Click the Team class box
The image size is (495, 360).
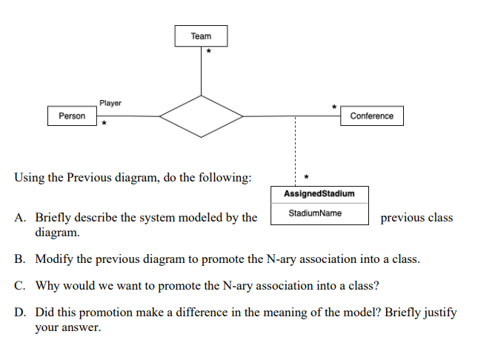[x=201, y=36]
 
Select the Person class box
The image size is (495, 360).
[x=72, y=116]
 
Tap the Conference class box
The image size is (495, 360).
[x=371, y=116]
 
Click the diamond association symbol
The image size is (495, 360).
[x=201, y=116]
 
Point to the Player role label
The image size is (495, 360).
[x=110, y=104]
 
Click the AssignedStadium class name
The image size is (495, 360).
[x=319, y=194]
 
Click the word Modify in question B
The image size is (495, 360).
[x=53, y=260]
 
